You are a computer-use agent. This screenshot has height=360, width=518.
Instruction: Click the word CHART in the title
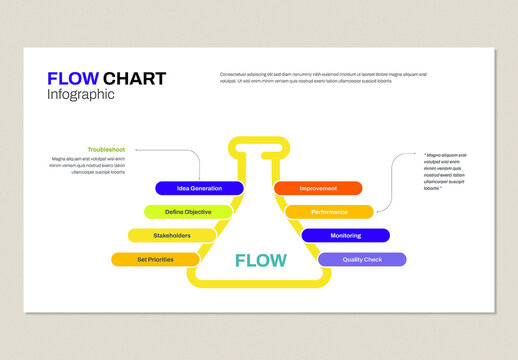coord(135,79)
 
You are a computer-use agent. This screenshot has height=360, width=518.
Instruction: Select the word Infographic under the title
coord(81,95)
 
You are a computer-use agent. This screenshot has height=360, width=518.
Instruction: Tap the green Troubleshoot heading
coord(106,149)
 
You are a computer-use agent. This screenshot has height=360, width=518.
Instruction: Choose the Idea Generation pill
coord(199,188)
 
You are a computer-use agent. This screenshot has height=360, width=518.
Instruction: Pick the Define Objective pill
coord(188,212)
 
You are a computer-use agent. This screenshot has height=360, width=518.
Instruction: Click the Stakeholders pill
coord(172,236)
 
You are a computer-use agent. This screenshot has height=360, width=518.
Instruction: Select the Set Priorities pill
coord(155,260)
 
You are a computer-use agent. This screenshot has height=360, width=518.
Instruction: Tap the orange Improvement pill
coord(318,188)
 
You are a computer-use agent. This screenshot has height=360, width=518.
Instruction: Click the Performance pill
coord(329,212)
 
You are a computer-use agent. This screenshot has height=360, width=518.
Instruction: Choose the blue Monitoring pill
coord(345,236)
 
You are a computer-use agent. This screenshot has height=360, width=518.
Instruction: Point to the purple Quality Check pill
coord(362,260)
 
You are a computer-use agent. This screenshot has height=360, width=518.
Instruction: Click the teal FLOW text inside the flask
coord(260,261)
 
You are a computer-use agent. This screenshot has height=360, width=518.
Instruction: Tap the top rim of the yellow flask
coord(259,142)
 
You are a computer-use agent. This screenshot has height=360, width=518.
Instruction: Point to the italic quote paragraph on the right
coord(446,171)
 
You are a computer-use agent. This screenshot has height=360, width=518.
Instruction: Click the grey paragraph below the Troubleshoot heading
coord(89,165)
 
